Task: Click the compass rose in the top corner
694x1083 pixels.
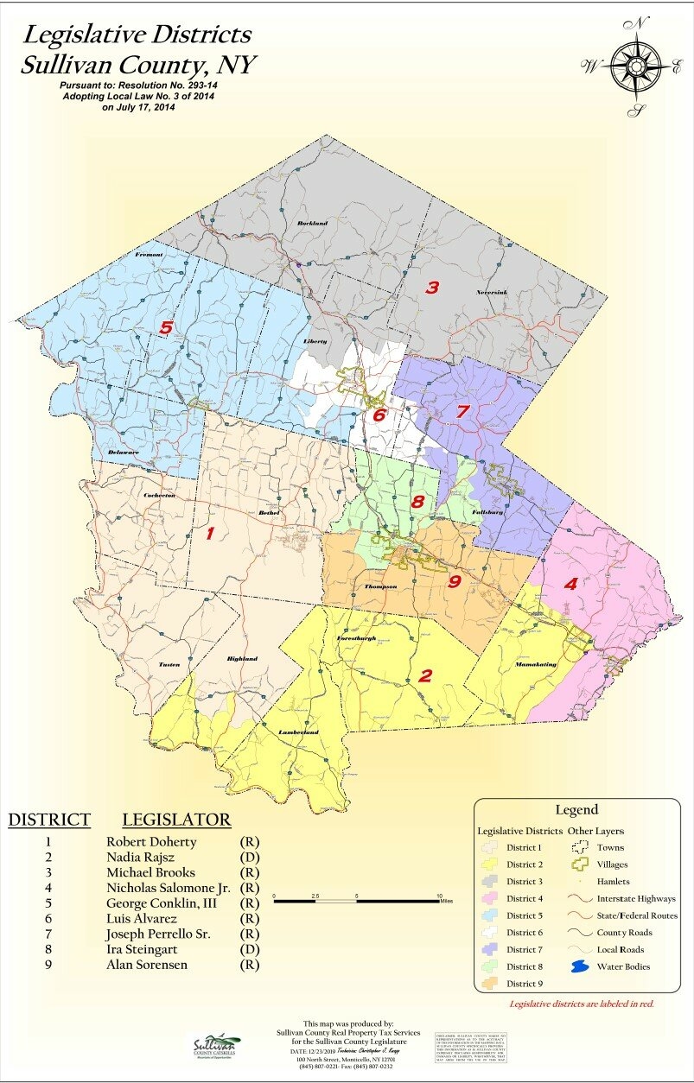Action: (636, 66)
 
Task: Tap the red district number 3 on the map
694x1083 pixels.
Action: (432, 288)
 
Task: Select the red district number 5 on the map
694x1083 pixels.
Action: (167, 327)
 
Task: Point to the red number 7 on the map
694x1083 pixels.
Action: (462, 412)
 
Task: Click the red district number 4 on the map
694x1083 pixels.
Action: (570, 583)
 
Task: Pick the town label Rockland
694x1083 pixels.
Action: (312, 224)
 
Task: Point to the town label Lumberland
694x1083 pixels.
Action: (298, 732)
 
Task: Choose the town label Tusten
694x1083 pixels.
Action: (169, 665)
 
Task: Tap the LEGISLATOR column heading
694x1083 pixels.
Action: (176, 820)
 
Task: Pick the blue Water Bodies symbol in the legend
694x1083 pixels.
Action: (581, 966)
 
